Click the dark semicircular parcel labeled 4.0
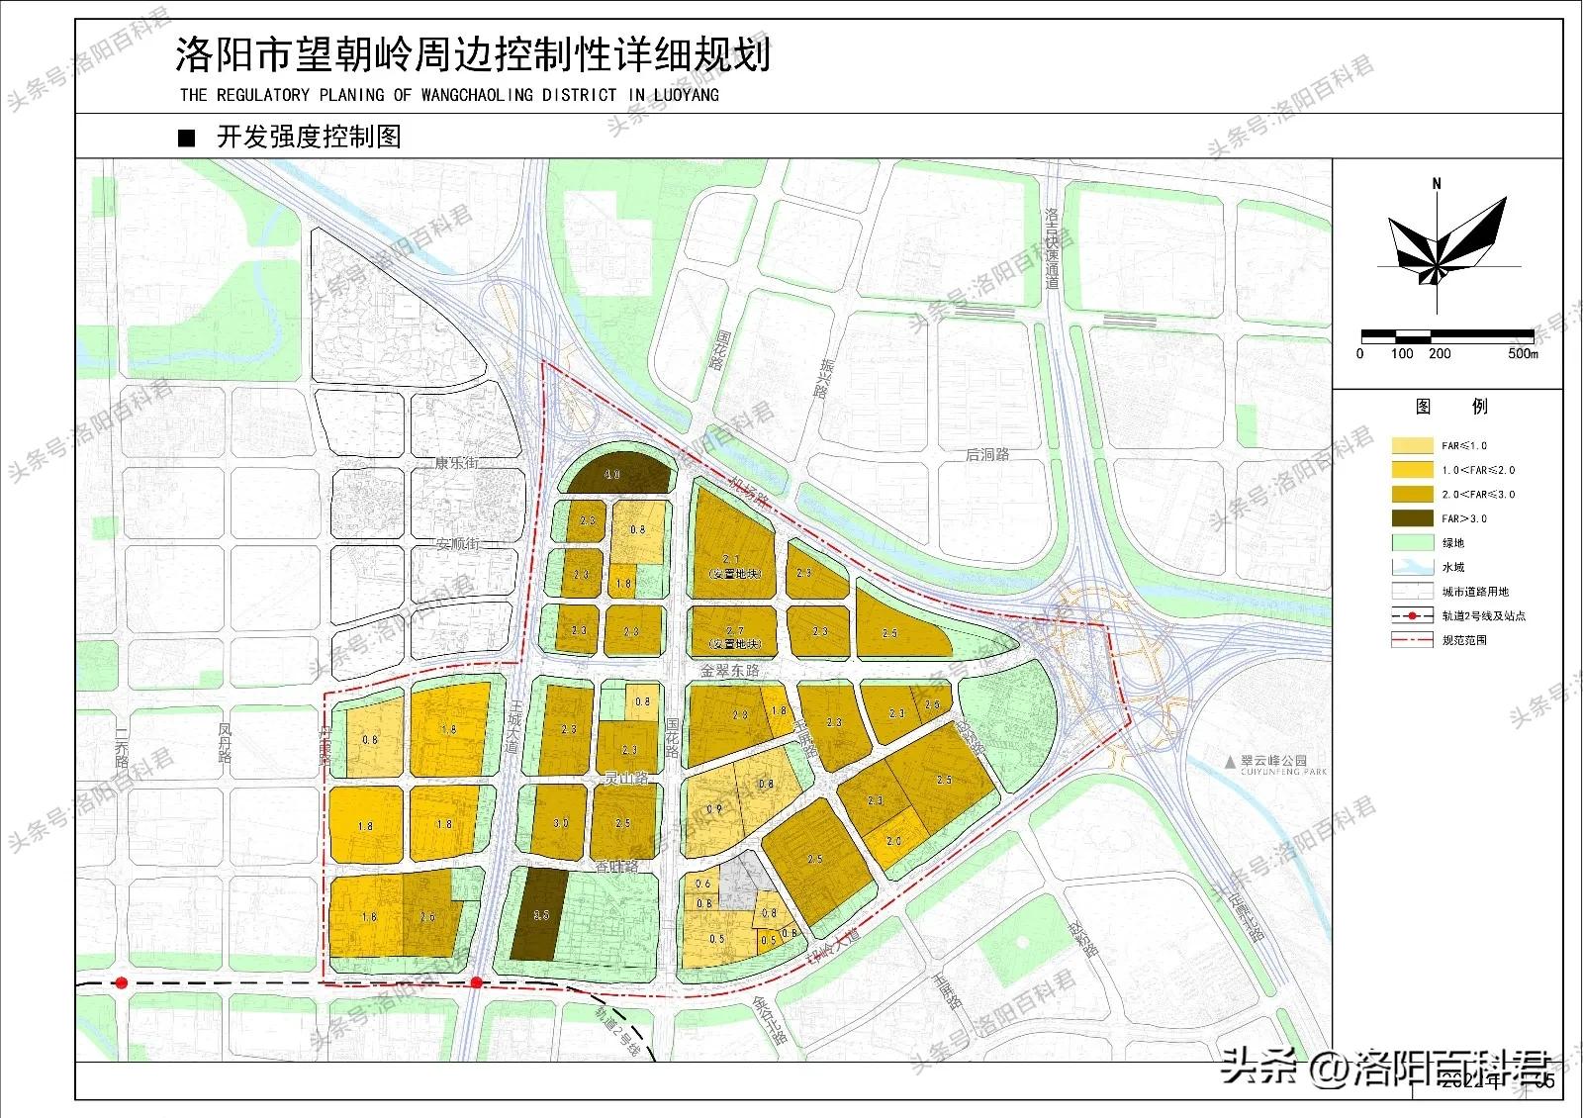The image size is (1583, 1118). coord(613,476)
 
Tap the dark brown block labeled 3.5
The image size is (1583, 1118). coord(540,915)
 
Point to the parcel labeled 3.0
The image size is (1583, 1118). coord(560,821)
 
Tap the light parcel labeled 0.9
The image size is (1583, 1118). coord(714,809)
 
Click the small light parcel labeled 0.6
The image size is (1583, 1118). coord(703,884)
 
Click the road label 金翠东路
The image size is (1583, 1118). coord(729,670)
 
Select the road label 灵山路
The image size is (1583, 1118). coord(625,779)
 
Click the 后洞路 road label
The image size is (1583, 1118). coord(986,455)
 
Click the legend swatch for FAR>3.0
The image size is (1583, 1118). coord(1412,518)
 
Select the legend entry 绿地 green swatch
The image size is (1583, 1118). coord(1412,543)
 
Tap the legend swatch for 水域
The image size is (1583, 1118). coord(1412,567)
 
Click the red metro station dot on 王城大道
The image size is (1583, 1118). coord(476,982)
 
